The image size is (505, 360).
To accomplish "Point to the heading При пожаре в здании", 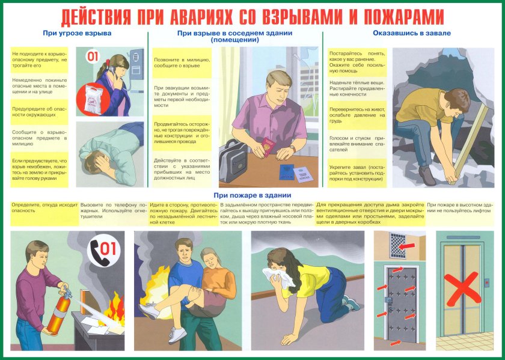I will (x=252, y=195).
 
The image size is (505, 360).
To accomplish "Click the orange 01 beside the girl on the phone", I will (x=93, y=58).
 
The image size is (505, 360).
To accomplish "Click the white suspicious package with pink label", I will (x=97, y=96).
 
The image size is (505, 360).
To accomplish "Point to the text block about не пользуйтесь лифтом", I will (x=461, y=208).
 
